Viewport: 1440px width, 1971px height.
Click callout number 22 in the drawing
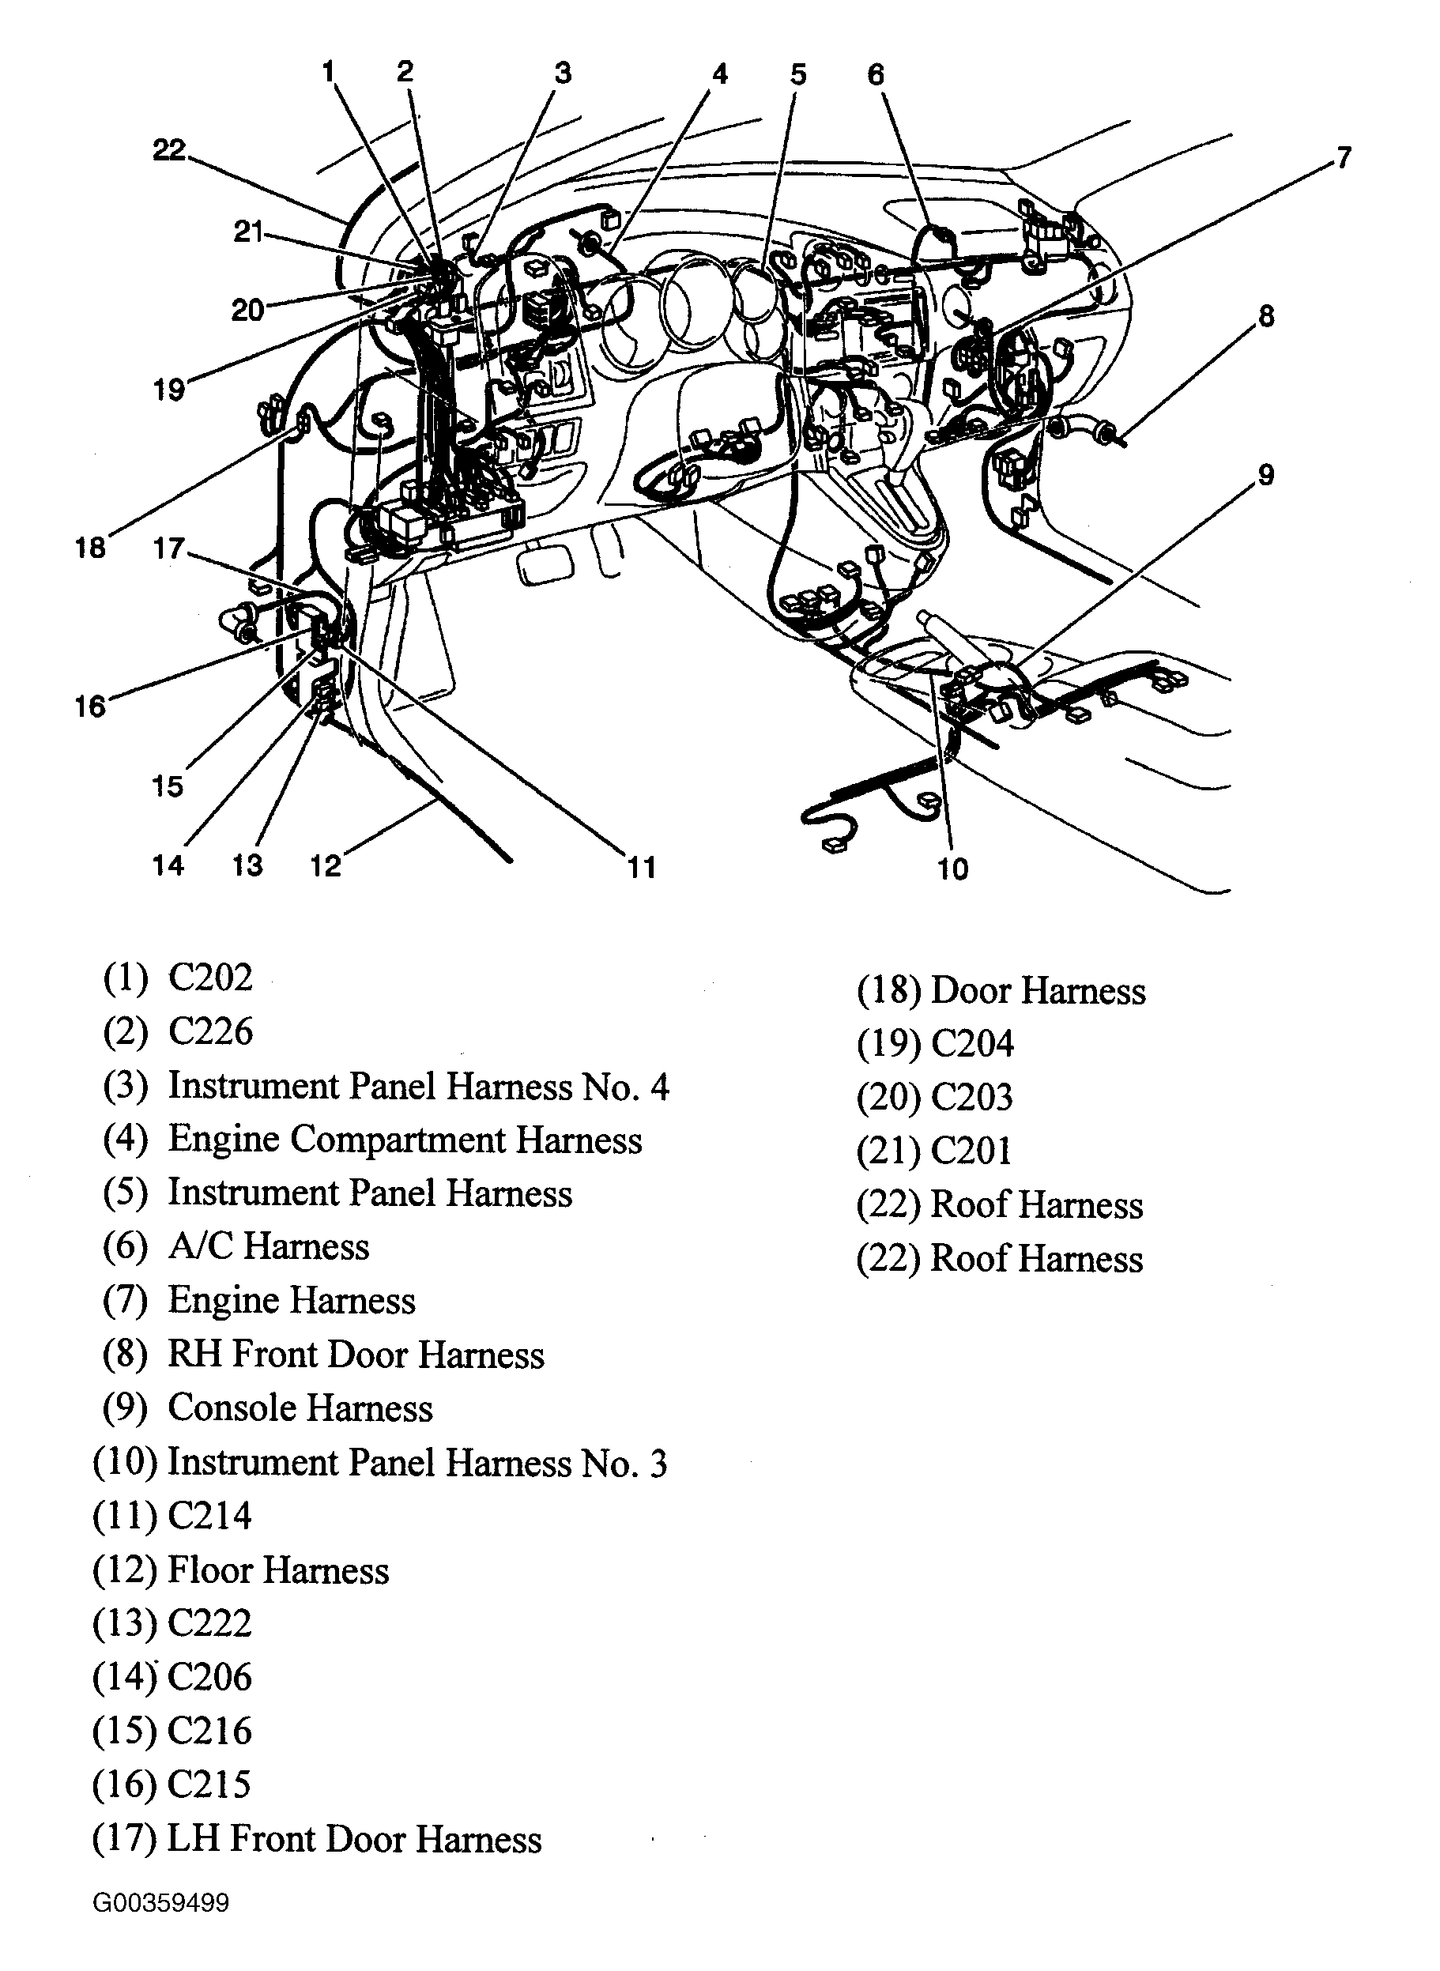(x=169, y=151)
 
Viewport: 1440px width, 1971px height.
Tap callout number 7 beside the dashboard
(x=1344, y=158)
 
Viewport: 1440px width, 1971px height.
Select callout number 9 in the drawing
(x=1265, y=476)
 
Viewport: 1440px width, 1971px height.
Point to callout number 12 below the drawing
(x=325, y=865)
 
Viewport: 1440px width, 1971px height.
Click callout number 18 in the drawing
(x=91, y=548)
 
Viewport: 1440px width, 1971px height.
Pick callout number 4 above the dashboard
(x=719, y=75)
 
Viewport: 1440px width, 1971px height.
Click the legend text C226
(x=210, y=1031)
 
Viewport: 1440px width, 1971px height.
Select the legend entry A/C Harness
(x=269, y=1246)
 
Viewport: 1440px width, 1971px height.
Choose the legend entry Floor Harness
(x=278, y=1570)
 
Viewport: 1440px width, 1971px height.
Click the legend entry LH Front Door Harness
(x=354, y=1839)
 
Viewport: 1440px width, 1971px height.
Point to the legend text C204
(x=972, y=1043)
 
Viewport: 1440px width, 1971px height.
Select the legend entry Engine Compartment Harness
(x=405, y=1140)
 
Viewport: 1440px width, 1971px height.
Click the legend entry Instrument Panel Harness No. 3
(x=417, y=1463)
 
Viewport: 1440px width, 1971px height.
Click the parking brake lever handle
(x=943, y=624)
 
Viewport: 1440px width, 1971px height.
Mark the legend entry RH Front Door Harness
(x=356, y=1355)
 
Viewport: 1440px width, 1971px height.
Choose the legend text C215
(x=209, y=1784)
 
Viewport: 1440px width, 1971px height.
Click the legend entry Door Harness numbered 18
(x=1037, y=991)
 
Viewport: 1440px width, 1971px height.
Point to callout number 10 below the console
(x=952, y=869)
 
